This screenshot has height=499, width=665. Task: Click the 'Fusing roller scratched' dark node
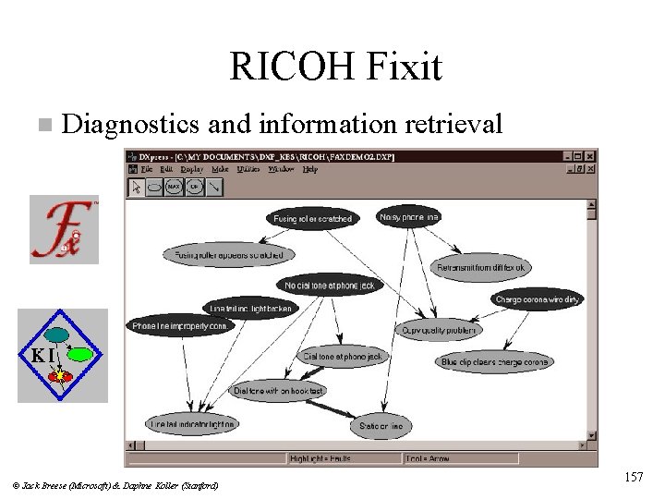coord(311,219)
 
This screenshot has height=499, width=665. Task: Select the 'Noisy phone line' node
coord(409,216)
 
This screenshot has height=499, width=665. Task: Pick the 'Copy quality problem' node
coord(438,329)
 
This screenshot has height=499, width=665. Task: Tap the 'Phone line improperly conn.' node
coord(180,325)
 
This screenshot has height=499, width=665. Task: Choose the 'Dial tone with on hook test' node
coord(278,391)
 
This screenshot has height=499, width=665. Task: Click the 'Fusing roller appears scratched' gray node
coord(229,253)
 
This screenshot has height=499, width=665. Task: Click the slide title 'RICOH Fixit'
coord(335,66)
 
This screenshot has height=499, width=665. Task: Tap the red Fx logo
coord(63,230)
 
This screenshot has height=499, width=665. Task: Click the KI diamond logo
coord(63,355)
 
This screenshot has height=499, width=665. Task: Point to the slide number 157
coord(633,477)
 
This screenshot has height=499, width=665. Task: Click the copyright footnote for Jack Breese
coord(116,485)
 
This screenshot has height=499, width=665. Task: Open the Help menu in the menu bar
coord(309,169)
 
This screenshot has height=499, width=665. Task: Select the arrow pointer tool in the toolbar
coord(137,187)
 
